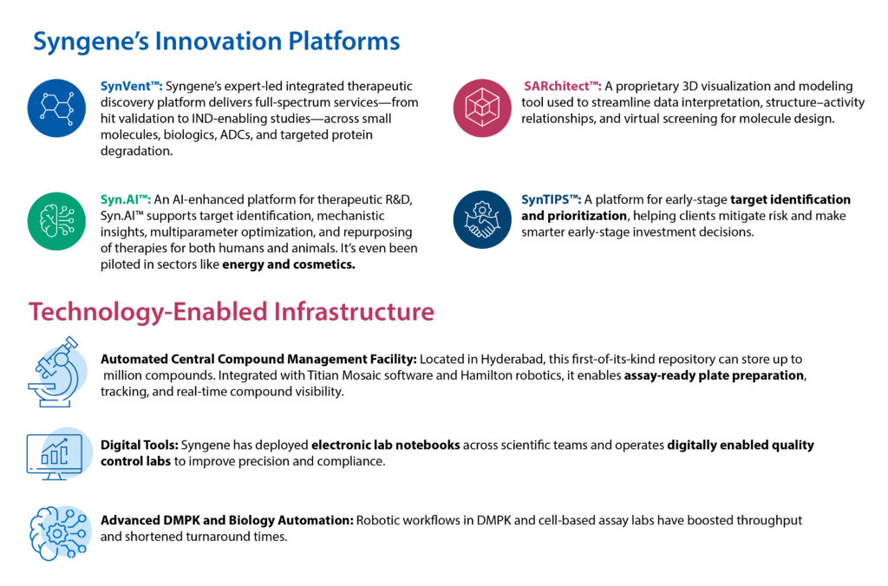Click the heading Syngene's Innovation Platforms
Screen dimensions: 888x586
coord(216,42)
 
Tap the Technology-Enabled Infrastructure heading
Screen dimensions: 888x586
coord(232,312)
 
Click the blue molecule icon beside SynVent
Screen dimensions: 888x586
coord(56,107)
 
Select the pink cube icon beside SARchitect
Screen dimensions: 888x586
coord(482,107)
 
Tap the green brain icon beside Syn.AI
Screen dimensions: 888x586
coord(56,221)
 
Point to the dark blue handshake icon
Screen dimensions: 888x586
coord(482,219)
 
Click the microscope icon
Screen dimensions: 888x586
coord(56,372)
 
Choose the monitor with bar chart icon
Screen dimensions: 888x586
coord(58,454)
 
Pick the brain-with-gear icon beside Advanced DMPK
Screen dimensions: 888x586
coord(60,533)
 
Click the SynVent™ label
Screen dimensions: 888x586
coord(132,86)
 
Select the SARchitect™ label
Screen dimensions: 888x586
coord(562,86)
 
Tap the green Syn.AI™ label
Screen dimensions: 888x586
coord(126,199)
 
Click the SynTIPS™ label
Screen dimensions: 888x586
coord(551,199)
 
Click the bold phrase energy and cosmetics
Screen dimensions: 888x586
coord(289,264)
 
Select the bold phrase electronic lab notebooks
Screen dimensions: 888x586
coord(386,445)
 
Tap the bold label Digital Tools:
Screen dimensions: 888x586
coord(140,445)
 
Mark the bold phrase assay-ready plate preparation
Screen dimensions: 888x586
coord(715,375)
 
